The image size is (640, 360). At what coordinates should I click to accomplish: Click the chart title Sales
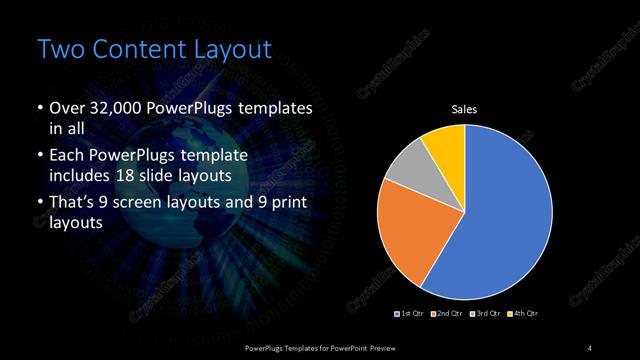tap(465, 109)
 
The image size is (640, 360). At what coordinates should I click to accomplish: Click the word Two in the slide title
tap(57, 49)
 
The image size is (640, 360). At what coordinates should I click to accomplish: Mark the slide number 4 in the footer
tap(590, 347)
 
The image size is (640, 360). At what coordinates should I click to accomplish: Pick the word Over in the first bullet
tap(67, 109)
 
